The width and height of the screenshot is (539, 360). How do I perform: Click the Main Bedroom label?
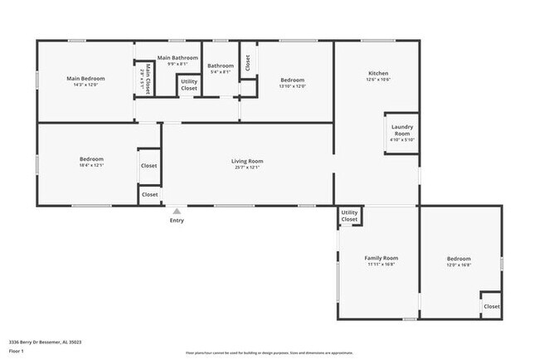[x=85, y=79]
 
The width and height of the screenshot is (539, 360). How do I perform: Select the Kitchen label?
[x=378, y=74]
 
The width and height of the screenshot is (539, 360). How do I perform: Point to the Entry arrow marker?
[x=176, y=212]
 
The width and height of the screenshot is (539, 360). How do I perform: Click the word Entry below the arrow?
[x=177, y=221]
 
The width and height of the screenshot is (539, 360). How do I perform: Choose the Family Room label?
[x=382, y=258]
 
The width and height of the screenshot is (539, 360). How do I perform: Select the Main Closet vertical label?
[x=147, y=77]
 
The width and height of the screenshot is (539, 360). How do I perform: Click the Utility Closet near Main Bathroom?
[x=189, y=84]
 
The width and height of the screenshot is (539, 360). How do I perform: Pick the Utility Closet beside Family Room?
[x=349, y=217]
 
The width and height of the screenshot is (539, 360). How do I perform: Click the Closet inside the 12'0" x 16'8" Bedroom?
[x=492, y=306]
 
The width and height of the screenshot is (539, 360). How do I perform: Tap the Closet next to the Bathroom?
[x=246, y=61]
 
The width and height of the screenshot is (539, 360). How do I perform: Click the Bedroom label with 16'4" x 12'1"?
[x=91, y=158]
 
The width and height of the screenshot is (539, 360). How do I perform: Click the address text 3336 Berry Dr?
[x=45, y=341]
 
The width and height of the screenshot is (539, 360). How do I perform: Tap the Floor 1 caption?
[x=17, y=351]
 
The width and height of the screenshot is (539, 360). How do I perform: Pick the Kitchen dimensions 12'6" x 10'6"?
[x=378, y=80]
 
